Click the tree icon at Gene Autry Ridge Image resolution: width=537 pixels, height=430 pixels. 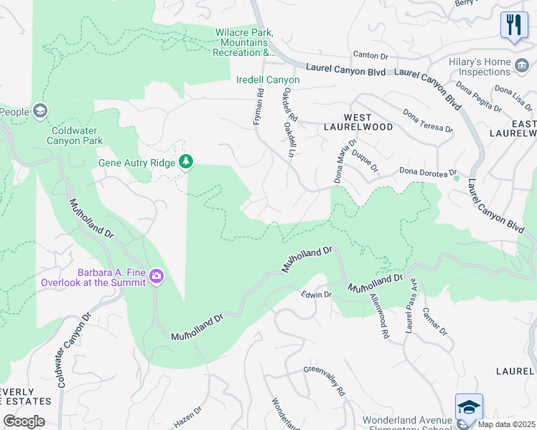click(186, 161)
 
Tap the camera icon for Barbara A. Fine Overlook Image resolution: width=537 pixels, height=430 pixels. click(157, 277)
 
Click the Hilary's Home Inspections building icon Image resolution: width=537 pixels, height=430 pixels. click(522, 67)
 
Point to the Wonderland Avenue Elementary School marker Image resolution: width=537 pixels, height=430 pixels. click(469, 407)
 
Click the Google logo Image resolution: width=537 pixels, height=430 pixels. click(23, 421)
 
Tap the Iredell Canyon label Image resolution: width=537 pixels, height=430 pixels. click(268, 80)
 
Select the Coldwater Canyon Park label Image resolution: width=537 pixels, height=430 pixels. click(77, 135)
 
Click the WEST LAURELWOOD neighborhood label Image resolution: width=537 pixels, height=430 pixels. click(368, 122)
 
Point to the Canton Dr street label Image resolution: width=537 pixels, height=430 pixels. click(370, 55)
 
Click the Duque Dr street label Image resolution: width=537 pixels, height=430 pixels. click(365, 161)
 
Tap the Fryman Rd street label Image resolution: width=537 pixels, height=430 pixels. click(258, 107)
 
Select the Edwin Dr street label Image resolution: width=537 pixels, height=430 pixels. click(316, 295)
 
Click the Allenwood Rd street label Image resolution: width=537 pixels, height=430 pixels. click(379, 315)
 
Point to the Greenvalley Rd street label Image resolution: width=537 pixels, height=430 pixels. click(324, 381)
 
